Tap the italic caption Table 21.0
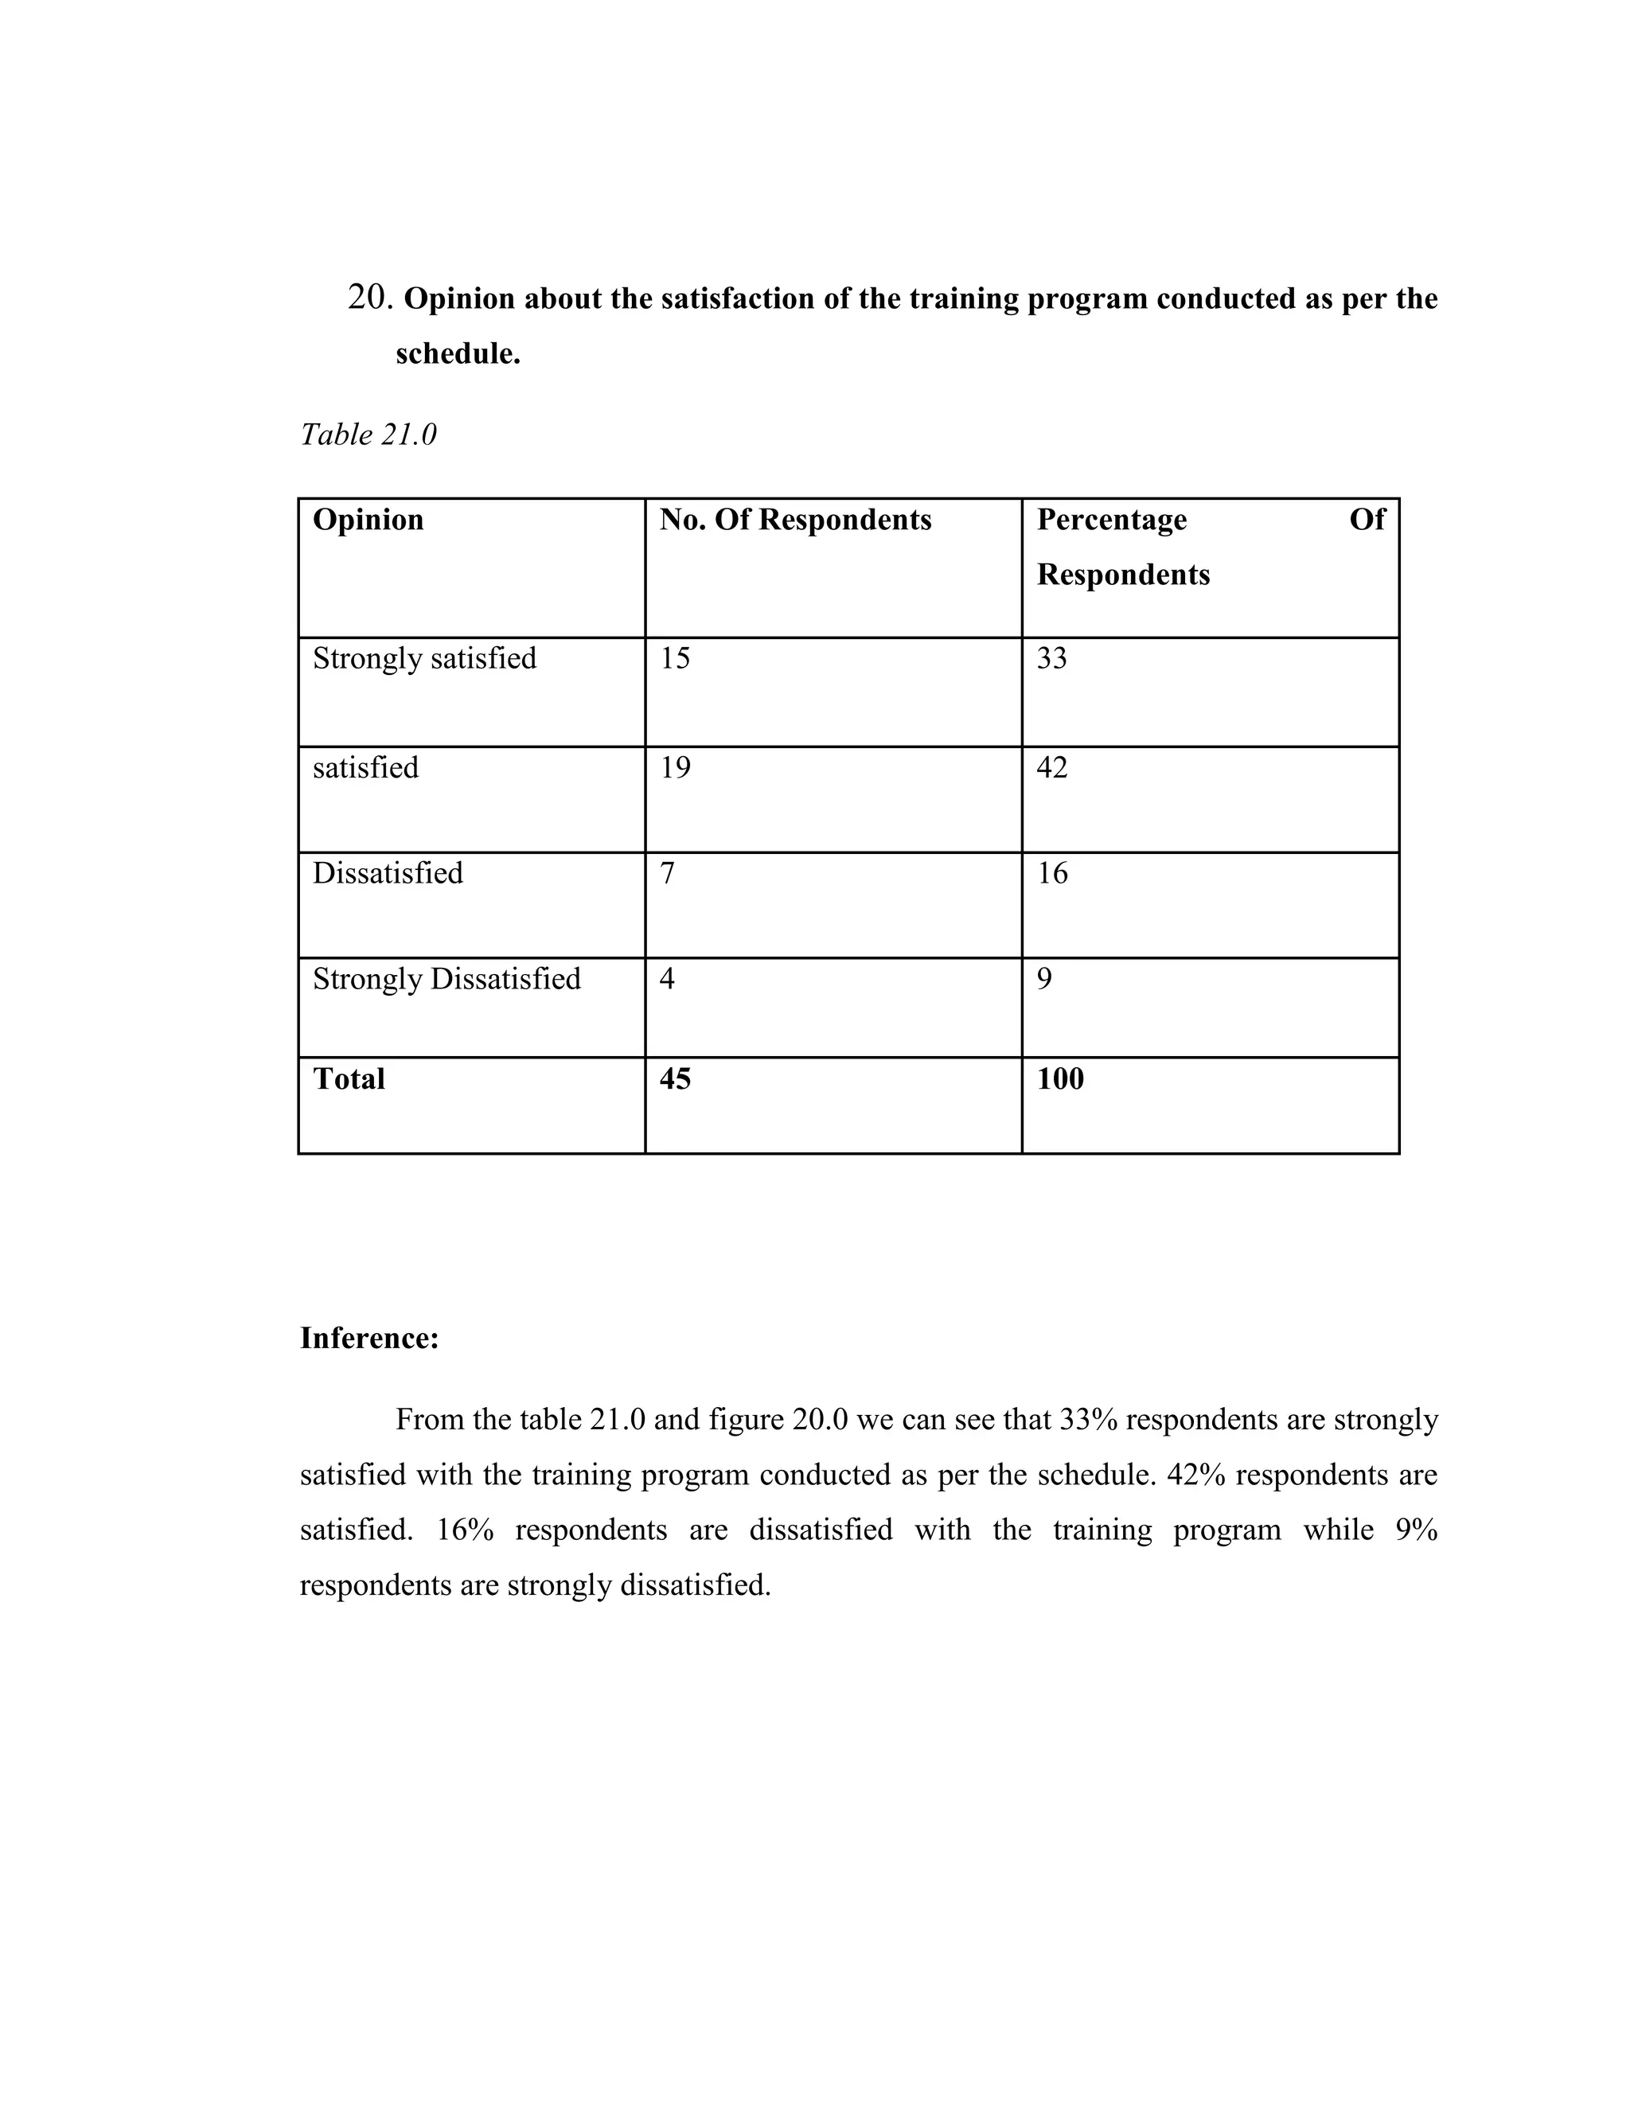368,435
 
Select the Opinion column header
368,520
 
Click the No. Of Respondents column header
795,520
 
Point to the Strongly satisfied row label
424,659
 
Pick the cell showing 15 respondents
675,659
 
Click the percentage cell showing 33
1051,659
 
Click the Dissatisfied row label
388,873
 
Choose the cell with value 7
667,873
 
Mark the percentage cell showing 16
1051,873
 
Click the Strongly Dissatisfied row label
446,979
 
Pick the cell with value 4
667,979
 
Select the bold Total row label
349,1078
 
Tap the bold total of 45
675,1078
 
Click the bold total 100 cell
1060,1078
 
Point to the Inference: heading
369,1339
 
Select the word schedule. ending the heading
458,354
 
